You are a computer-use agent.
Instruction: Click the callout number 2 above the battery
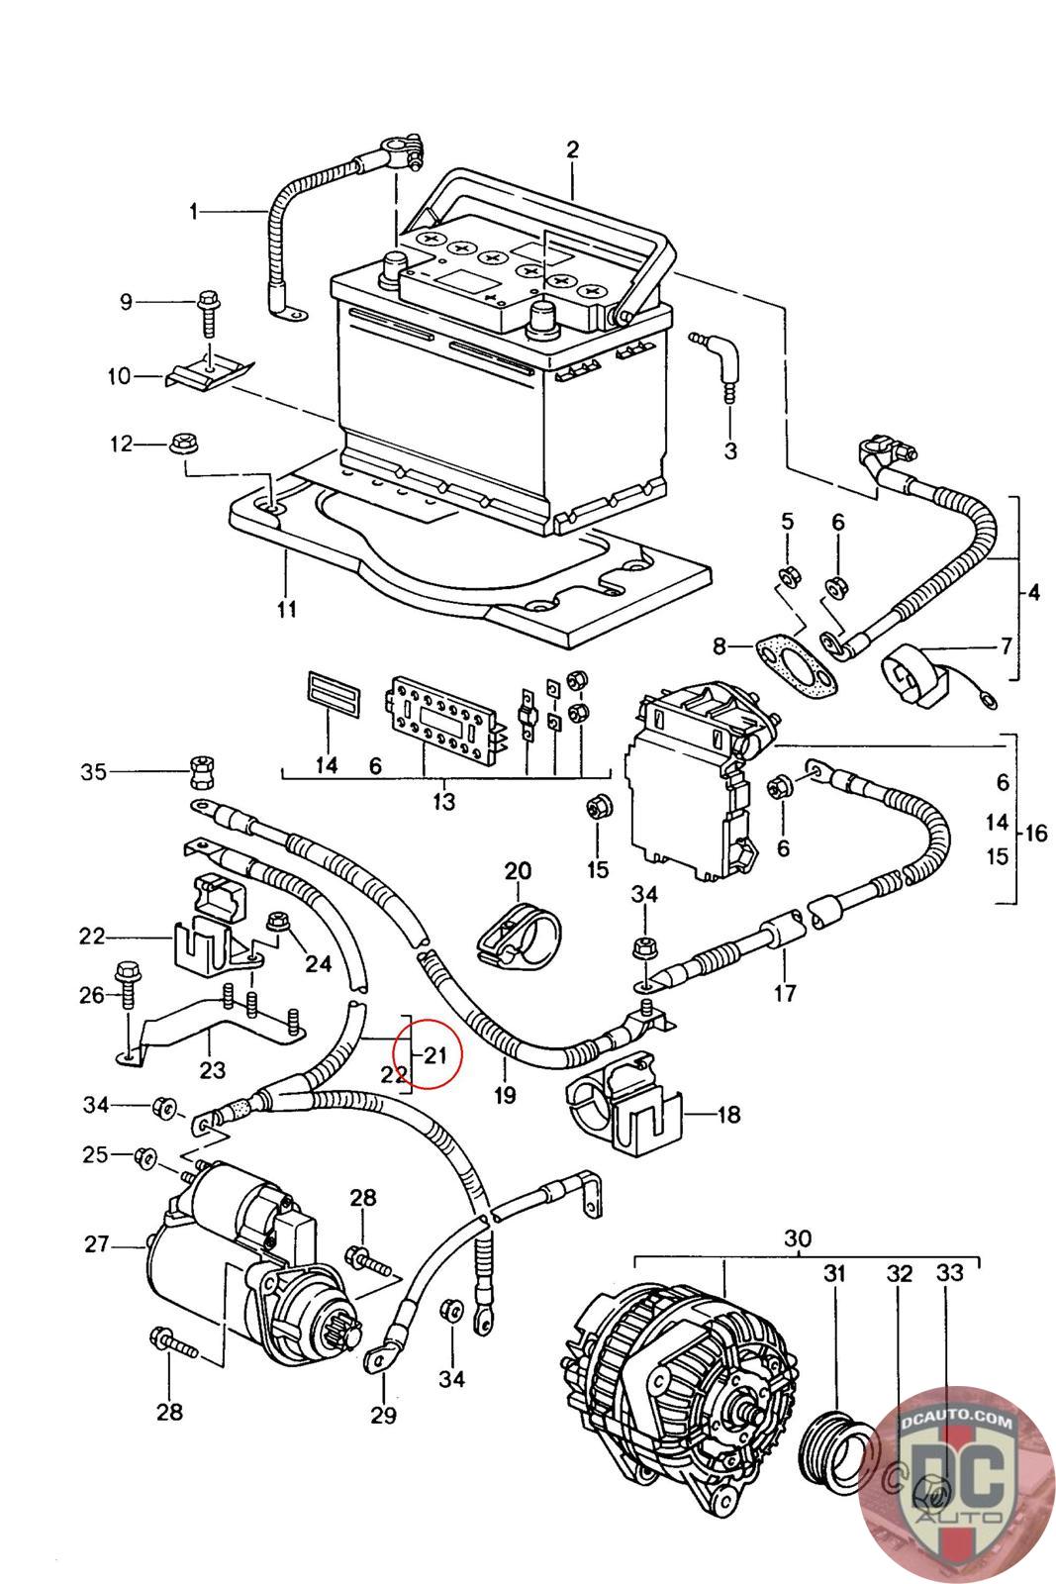572,149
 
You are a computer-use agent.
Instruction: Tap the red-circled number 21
434,1055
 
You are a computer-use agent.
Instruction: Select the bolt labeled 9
209,316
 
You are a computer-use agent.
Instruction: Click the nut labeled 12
184,445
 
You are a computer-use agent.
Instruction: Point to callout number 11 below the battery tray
286,609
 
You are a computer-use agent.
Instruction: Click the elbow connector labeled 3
720,365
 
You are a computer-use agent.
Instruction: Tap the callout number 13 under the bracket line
444,801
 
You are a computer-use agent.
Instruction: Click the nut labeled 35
202,772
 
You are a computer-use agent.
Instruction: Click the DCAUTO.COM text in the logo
956,1423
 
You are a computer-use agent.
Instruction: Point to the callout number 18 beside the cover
728,1115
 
